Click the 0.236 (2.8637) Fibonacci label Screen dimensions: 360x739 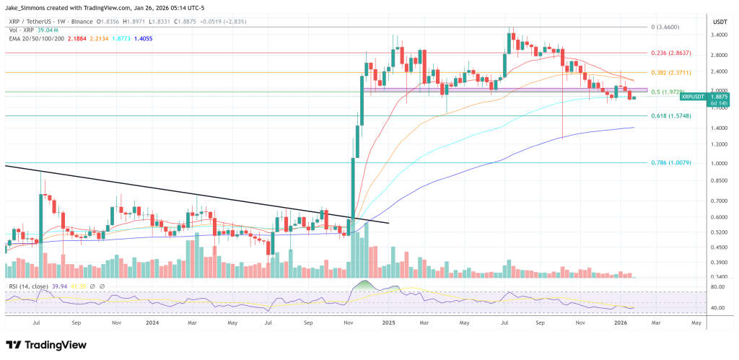tap(673, 53)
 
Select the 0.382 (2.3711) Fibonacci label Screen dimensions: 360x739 tap(673, 72)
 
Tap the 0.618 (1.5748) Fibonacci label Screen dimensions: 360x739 tap(673, 115)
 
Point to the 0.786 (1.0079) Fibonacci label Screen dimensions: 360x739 tap(673, 163)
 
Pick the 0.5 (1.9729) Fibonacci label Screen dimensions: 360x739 tap(671, 92)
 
